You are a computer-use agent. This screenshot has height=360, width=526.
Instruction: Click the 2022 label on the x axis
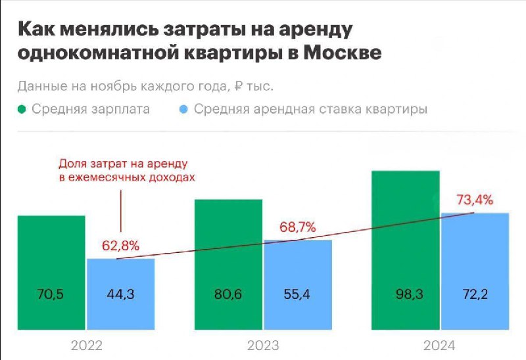(86, 346)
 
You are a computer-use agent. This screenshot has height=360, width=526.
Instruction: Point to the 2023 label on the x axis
(263, 346)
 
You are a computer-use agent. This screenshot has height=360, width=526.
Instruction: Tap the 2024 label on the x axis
(440, 346)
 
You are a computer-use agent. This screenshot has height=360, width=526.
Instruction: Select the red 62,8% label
(120, 246)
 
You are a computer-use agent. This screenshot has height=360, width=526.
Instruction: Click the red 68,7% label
(297, 227)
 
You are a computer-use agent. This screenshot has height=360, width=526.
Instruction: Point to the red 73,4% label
(475, 200)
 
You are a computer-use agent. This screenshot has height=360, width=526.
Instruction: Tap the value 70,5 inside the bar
(51, 295)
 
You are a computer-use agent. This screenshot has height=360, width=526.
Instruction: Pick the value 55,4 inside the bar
(298, 295)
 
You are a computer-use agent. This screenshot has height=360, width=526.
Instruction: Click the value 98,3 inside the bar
(405, 295)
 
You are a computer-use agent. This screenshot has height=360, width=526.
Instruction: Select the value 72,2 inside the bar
(475, 295)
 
